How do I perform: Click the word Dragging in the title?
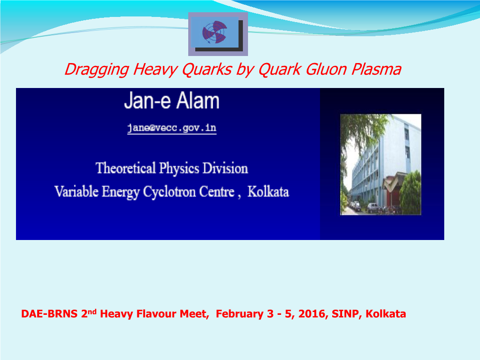(97, 70)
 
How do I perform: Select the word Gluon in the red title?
(326, 69)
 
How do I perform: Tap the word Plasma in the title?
(376, 69)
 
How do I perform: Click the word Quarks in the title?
(207, 69)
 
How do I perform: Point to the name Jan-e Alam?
(172, 101)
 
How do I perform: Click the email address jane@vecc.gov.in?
(172, 128)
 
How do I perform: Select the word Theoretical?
(126, 168)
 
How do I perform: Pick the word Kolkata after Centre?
(268, 192)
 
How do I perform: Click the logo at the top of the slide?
(218, 34)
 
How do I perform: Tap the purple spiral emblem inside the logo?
(215, 32)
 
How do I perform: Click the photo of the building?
(381, 164)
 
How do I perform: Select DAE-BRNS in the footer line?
(49, 314)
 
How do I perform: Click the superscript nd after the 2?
(92, 312)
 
